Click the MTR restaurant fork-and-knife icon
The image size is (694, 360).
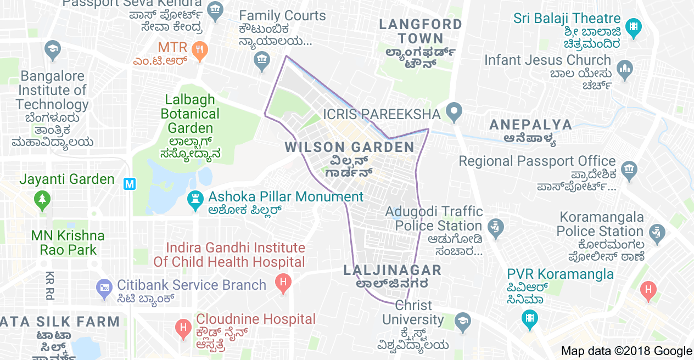(x=200, y=48)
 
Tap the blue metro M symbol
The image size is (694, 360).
(x=129, y=184)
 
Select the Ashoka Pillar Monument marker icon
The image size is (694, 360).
(x=194, y=200)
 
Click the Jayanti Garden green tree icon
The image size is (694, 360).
(x=42, y=200)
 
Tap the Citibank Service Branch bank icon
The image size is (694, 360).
(x=104, y=287)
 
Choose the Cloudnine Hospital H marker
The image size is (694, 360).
(x=183, y=328)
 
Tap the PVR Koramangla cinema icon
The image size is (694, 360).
(x=530, y=318)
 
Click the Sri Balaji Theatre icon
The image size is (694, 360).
(x=634, y=27)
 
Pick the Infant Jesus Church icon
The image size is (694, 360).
(x=625, y=69)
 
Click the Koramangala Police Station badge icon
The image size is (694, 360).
(x=657, y=233)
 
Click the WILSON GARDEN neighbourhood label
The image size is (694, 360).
(x=350, y=147)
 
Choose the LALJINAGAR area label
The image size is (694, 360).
(x=392, y=270)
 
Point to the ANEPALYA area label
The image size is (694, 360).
(x=530, y=125)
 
